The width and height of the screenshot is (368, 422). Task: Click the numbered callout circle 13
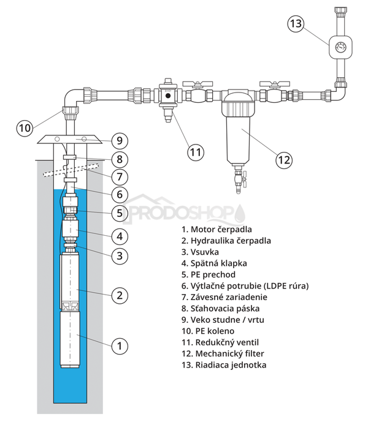[296, 24]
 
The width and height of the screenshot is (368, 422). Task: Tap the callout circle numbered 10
[24, 127]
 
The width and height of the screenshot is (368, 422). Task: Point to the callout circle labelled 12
[283, 160]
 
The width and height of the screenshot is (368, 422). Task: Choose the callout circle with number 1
[121, 345]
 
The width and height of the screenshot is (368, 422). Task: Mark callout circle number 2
[121, 295]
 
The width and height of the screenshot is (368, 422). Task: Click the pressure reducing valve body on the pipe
[166, 96]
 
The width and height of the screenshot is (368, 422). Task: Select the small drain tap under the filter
[239, 181]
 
